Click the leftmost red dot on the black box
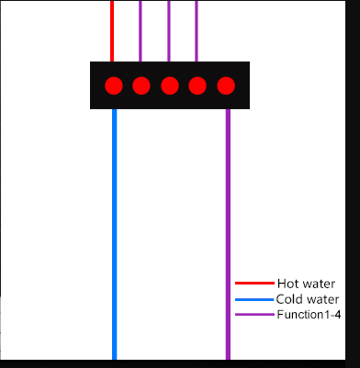click(114, 86)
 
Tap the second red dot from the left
click(141, 86)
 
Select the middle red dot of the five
click(170, 86)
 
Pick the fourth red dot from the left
click(197, 86)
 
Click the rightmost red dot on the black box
click(226, 86)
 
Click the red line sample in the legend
click(254, 284)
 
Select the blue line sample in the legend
click(254, 299)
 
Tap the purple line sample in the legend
click(254, 315)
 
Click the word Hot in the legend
click(287, 284)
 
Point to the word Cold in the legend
click(289, 299)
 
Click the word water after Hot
click(319, 284)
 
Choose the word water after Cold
click(322, 299)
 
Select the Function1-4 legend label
click(309, 315)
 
